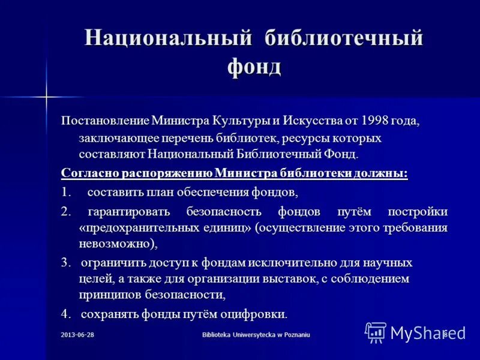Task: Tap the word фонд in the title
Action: click(254, 67)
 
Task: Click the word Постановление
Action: click(105, 121)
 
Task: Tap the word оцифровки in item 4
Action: click(257, 314)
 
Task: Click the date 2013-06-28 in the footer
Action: click(77, 334)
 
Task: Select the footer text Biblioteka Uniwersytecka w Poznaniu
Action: click(256, 334)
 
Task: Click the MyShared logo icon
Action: click(376, 332)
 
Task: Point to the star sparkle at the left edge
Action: click(46, 96)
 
